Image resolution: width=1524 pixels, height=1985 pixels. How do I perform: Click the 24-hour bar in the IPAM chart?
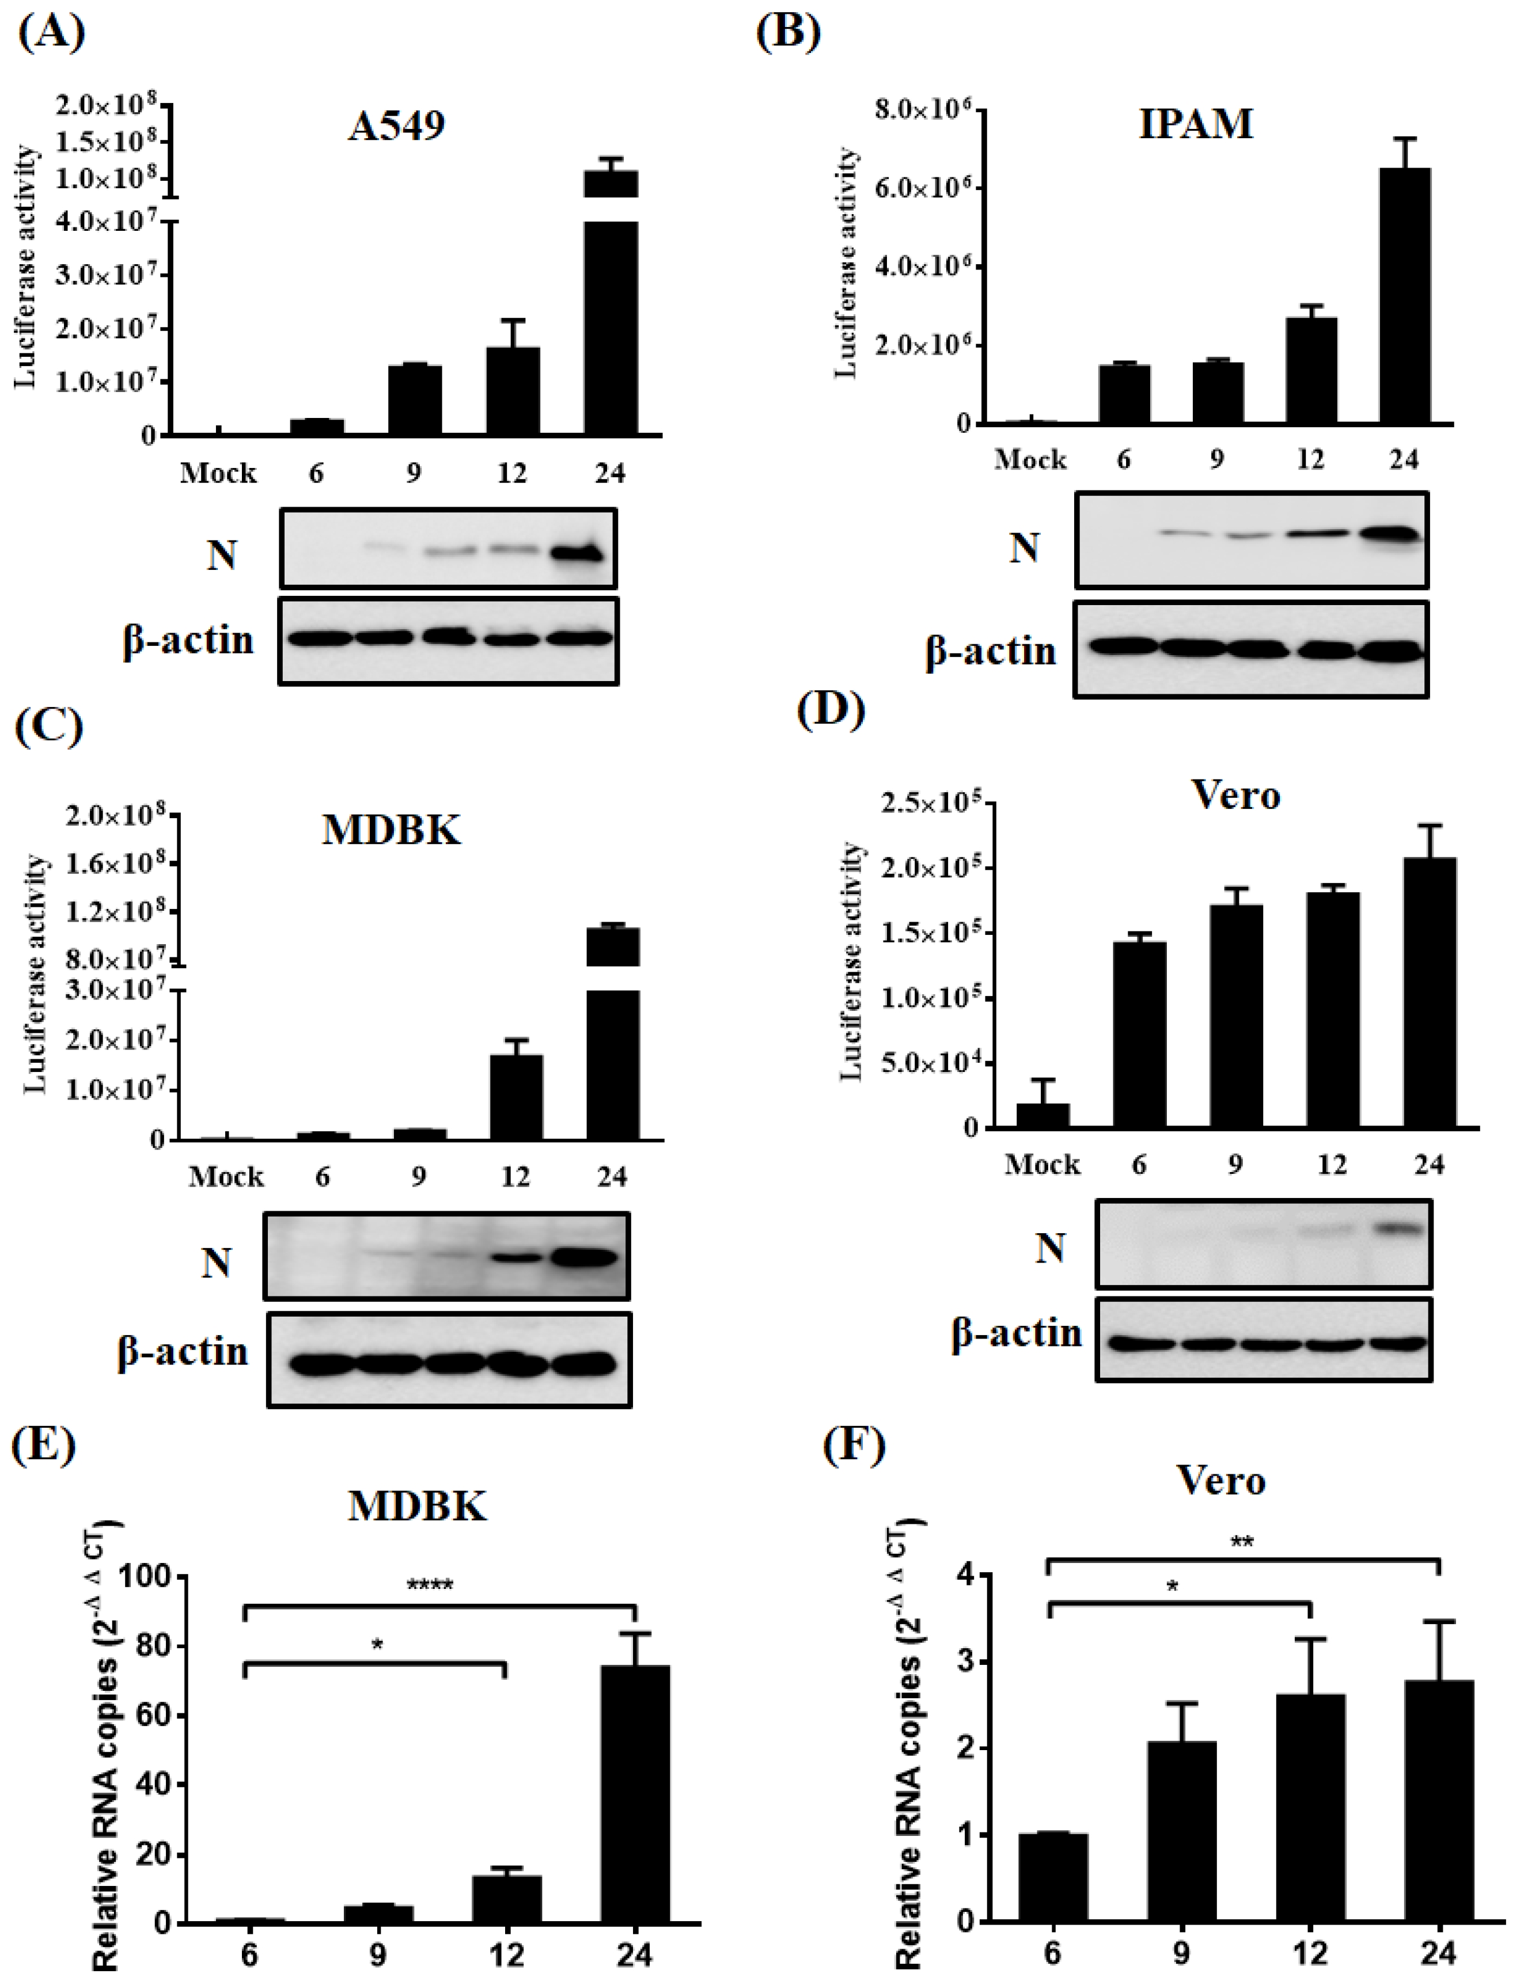pyautogui.click(x=1404, y=295)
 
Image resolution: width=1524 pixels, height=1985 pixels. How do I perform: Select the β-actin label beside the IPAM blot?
pyautogui.click(x=991, y=651)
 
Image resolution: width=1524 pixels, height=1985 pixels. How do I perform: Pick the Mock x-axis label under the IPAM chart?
pyautogui.click(x=1030, y=460)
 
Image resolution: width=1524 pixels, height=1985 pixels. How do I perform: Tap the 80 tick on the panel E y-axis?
pyautogui.click(x=150, y=1646)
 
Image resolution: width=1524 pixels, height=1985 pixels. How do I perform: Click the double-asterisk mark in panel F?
pyautogui.click(x=1241, y=1542)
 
